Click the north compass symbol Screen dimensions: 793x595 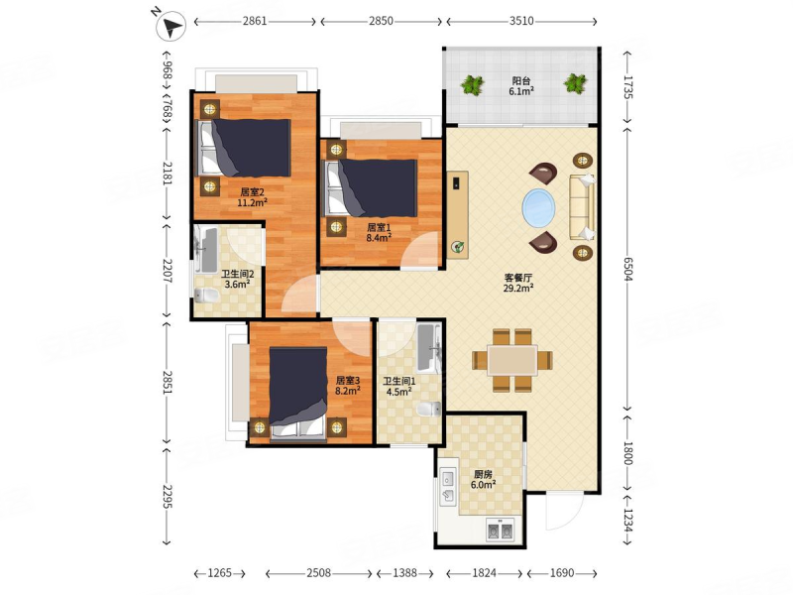tap(170, 26)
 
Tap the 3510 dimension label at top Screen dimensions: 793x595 tap(521, 21)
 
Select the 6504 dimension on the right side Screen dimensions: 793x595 tap(627, 268)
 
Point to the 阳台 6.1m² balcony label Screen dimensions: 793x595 tap(521, 86)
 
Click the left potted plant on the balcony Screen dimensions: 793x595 tap(473, 84)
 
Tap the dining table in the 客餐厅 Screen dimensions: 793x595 tap(512, 360)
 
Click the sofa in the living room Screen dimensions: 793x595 tap(582, 206)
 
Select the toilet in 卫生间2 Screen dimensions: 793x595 tap(206, 295)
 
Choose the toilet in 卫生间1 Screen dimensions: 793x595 tap(429, 409)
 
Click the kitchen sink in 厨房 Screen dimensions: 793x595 tap(448, 486)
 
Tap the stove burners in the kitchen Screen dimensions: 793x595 tap(500, 531)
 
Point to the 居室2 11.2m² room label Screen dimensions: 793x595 tap(253, 197)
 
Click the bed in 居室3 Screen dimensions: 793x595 tap(298, 393)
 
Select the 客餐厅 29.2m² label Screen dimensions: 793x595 tap(518, 283)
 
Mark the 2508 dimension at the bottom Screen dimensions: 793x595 tap(318, 573)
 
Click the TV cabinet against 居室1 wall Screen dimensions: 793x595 tap(458, 215)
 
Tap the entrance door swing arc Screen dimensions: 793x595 tap(564, 510)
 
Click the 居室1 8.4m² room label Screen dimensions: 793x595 tap(380, 232)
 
